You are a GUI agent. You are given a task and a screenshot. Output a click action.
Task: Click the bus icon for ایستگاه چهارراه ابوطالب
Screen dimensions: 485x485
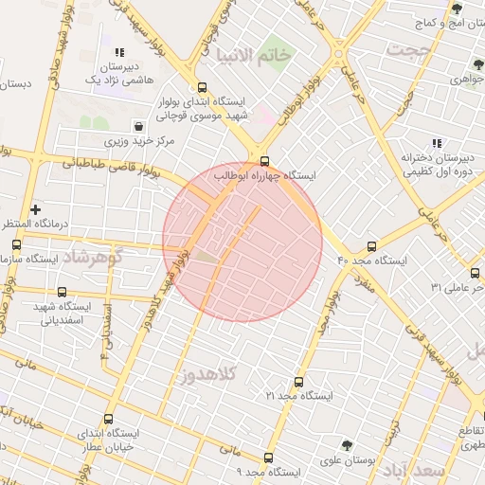[x=264, y=160]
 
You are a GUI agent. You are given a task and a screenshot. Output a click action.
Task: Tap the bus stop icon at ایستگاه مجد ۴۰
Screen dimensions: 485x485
[x=371, y=245]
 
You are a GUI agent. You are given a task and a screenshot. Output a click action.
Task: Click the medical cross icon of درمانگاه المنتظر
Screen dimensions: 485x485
[x=36, y=208]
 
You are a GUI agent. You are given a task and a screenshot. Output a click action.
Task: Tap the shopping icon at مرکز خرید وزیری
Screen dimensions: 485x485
[x=139, y=125]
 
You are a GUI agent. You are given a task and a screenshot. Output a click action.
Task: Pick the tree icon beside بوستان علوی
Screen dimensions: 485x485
[x=347, y=443]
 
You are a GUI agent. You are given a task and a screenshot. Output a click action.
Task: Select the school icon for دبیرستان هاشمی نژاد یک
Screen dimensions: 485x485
[x=119, y=53]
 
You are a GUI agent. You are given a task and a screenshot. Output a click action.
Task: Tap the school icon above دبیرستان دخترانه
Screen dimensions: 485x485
[x=409, y=144]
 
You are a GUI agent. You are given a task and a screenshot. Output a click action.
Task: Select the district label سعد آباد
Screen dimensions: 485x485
[x=442, y=469]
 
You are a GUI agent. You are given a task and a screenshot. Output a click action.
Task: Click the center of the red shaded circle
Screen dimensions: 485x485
[x=242, y=242]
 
